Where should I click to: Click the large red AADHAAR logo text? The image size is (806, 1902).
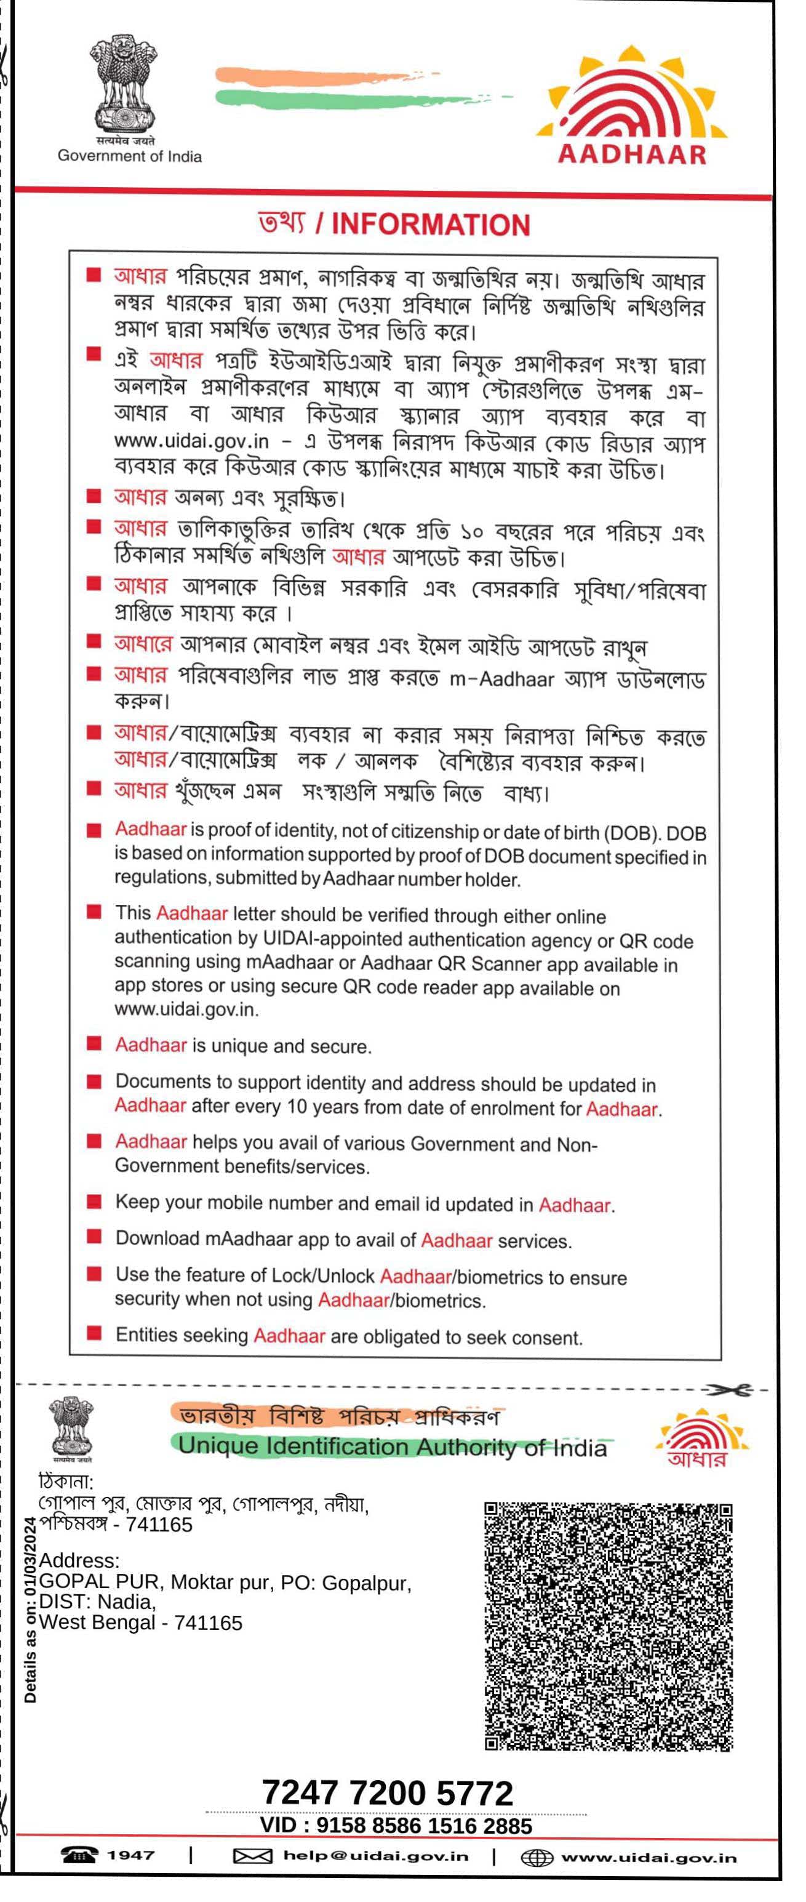[632, 154]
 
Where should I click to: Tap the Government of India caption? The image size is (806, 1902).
[129, 156]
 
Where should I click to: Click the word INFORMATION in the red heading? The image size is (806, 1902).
[431, 225]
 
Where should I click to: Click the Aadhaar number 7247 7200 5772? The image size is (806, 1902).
[388, 1792]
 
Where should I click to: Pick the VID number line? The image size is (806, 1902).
[396, 1826]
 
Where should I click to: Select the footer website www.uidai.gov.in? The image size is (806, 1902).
[648, 1858]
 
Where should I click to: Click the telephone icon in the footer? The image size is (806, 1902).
[79, 1855]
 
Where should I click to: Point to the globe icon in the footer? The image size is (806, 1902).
[537, 1858]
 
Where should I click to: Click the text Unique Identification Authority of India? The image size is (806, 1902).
[393, 1447]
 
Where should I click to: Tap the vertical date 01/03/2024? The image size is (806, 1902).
[30, 1557]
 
